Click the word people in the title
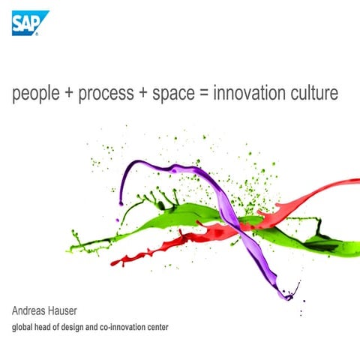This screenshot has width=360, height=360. click(x=34, y=94)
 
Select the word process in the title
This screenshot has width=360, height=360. click(x=101, y=94)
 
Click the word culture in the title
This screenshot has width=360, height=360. click(x=316, y=94)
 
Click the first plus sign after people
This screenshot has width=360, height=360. click(x=67, y=94)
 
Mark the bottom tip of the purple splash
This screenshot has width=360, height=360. click(x=288, y=298)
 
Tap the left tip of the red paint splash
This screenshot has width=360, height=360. click(x=112, y=262)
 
